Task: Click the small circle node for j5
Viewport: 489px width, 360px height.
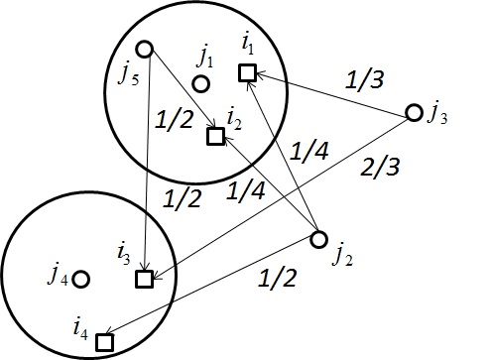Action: click(x=144, y=48)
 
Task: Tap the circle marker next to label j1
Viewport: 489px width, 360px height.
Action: click(x=201, y=84)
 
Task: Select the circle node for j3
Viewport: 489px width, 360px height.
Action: click(x=415, y=112)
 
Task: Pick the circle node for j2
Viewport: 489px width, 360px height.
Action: click(x=318, y=239)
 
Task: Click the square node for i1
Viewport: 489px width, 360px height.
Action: click(x=247, y=72)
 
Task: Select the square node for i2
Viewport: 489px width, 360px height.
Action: click(x=214, y=137)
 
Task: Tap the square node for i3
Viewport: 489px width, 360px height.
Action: click(x=144, y=280)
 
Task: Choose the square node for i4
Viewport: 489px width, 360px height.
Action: click(x=103, y=341)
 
